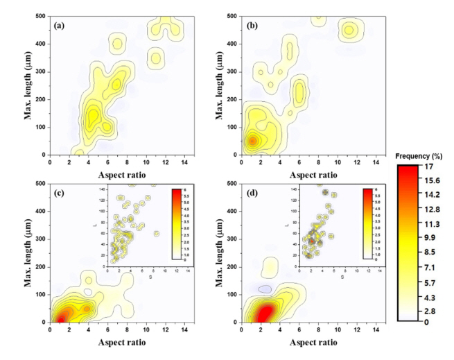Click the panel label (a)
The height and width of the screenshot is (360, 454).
[60, 25]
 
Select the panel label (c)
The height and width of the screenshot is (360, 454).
[60, 192]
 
